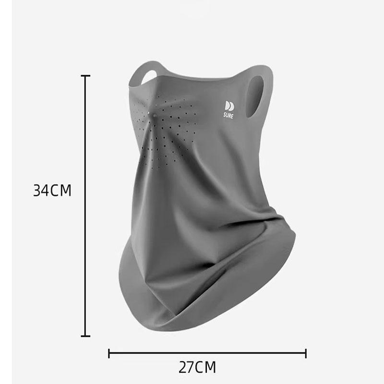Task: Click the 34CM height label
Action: [x=52, y=190]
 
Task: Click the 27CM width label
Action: [x=197, y=367]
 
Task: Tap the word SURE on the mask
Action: [x=228, y=115]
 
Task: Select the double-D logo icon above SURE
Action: [x=229, y=106]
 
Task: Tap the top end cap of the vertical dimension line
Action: [x=85, y=76]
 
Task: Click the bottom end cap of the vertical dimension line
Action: [x=85, y=336]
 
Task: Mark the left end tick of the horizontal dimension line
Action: [x=109, y=353]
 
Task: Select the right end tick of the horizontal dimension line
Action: [x=306, y=353]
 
